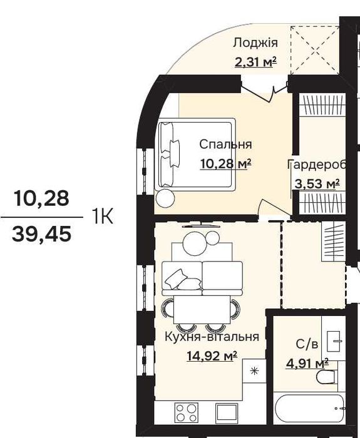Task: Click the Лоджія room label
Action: click(x=255, y=43)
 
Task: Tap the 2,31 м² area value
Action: click(x=255, y=62)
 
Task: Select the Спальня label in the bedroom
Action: click(x=225, y=145)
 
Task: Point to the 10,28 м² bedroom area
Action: click(x=225, y=164)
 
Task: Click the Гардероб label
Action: click(x=317, y=165)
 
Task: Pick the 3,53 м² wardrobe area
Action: click(x=317, y=184)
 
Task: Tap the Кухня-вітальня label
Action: click(x=212, y=337)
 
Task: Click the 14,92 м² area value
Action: click(x=212, y=355)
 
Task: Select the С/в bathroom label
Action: click(x=307, y=344)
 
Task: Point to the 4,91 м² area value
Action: click(x=307, y=364)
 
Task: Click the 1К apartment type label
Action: click(x=102, y=216)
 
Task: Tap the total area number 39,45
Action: click(x=41, y=234)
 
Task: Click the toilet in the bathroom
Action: click(x=326, y=377)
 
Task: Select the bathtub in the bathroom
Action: click(x=310, y=408)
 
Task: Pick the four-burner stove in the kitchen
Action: click(x=187, y=412)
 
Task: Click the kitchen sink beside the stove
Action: click(x=227, y=412)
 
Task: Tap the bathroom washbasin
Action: click(x=334, y=342)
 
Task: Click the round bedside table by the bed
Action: click(x=165, y=198)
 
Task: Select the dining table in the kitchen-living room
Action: click(x=202, y=310)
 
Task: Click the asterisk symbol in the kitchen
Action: click(x=254, y=371)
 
